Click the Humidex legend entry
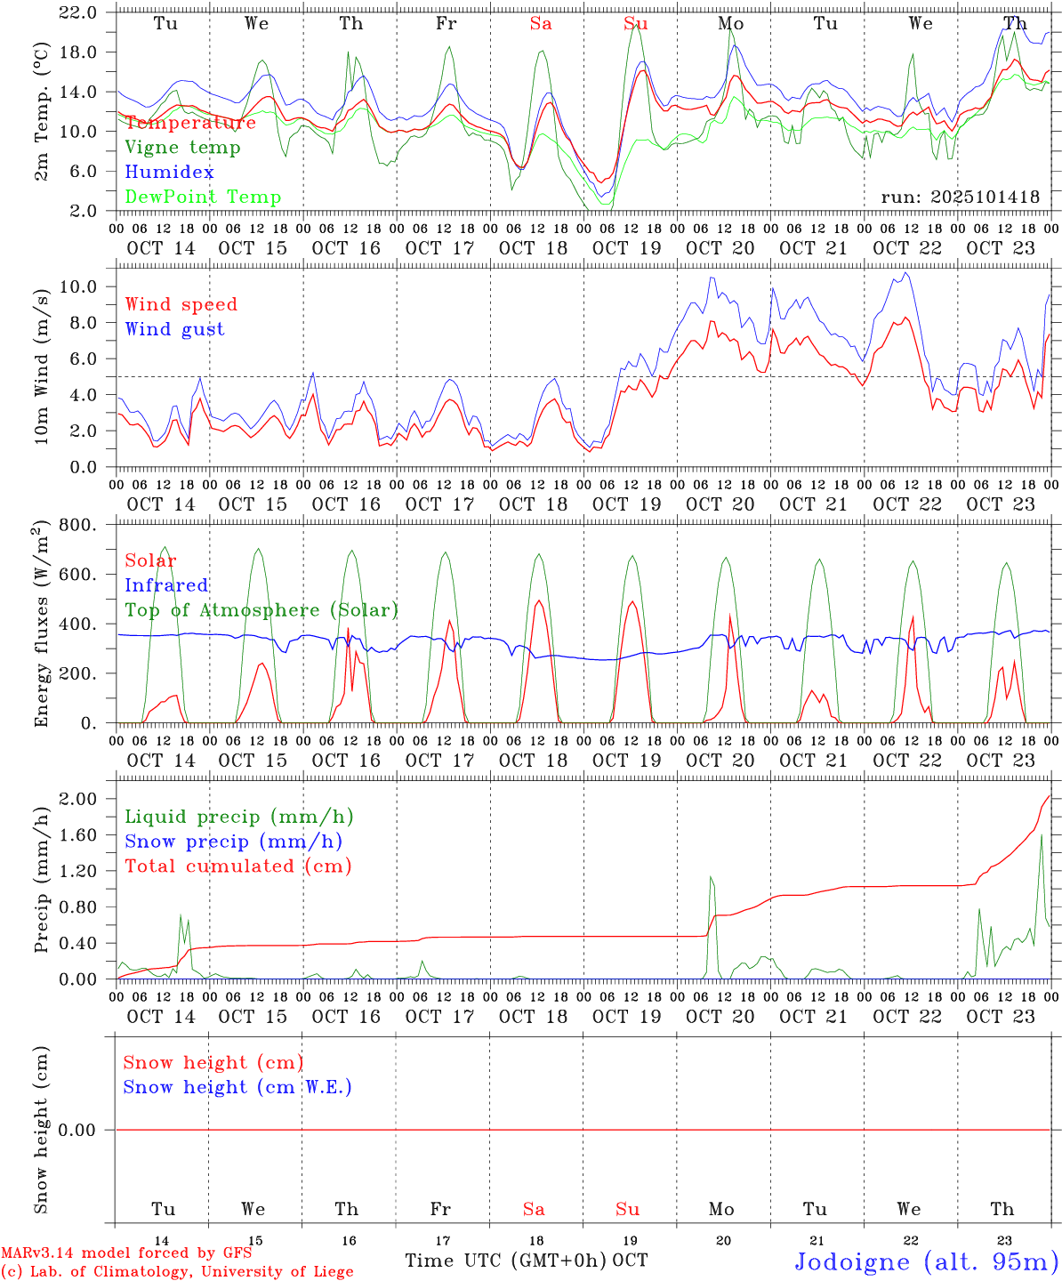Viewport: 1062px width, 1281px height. [169, 173]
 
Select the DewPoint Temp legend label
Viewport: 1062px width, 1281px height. [203, 197]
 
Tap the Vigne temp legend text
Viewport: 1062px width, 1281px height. [182, 148]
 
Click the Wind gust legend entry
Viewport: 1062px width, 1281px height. [174, 329]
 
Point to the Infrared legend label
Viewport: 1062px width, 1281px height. [166, 585]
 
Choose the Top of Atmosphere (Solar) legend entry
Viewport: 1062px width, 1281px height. [261, 610]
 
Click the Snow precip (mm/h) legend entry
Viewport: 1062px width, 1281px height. [233, 842]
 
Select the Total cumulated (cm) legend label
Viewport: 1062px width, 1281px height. [237, 866]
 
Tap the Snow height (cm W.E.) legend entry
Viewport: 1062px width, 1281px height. [237, 1087]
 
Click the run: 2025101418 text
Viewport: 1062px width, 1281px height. [960, 197]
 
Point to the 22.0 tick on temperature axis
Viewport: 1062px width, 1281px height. [78, 12]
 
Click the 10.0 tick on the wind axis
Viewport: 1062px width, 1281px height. [78, 286]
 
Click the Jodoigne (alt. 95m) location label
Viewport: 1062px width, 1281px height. [926, 1261]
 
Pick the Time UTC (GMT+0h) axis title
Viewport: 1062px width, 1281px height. [505, 1261]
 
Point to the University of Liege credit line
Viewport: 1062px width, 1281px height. [177, 1272]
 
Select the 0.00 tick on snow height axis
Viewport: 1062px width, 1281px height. [78, 1130]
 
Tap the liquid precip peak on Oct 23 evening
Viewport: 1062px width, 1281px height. [1042, 834]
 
